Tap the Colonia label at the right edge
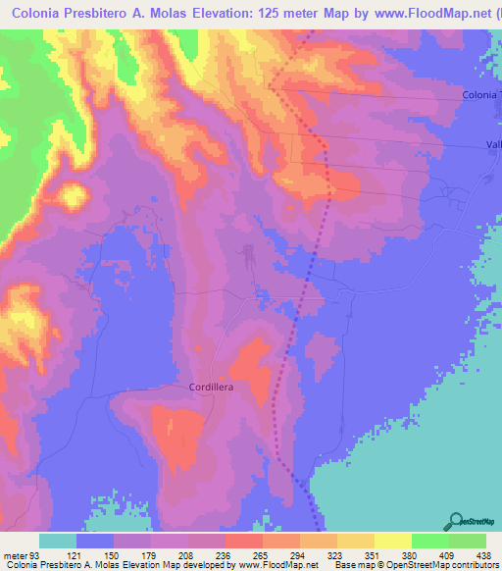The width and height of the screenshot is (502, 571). tap(481, 94)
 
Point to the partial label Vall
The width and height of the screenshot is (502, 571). tap(493, 144)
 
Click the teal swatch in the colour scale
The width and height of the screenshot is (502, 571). tap(57, 542)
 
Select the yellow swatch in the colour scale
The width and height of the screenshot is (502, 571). tap(392, 542)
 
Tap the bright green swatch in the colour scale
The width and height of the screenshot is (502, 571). tap(429, 542)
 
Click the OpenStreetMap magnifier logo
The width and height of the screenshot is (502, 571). tap(455, 522)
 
